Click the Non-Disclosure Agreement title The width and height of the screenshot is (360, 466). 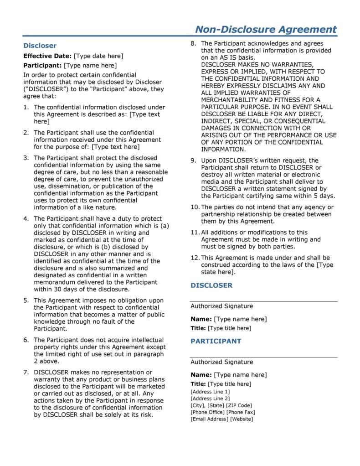266,30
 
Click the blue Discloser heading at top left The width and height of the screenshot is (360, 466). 40,46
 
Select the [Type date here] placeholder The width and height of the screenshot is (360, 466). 98,56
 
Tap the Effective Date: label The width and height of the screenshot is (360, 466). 47,56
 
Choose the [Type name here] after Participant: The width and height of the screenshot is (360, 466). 87,66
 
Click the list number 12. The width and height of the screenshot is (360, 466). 194,258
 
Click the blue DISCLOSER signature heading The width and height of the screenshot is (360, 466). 211,285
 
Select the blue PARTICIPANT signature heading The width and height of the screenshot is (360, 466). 216,341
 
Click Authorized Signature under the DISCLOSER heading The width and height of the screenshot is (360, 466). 221,306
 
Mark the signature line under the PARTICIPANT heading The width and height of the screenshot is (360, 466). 264,357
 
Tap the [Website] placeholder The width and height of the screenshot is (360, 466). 242,419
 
